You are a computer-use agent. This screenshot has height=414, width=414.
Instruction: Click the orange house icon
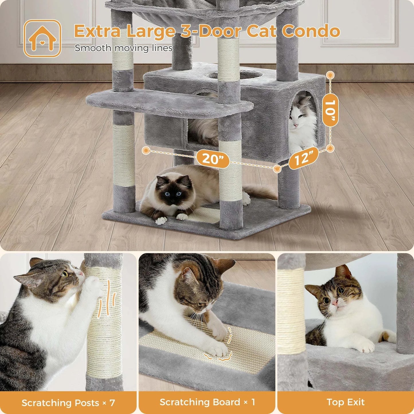42,38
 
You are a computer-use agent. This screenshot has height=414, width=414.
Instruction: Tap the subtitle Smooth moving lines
123,48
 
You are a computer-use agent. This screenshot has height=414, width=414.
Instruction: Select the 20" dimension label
212,158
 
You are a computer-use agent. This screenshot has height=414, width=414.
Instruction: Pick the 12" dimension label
303,158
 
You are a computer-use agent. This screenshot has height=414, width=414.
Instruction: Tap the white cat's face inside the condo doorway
298,115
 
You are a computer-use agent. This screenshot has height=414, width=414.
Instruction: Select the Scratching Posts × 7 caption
68,403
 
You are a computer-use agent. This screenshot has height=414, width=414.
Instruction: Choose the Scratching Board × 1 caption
207,402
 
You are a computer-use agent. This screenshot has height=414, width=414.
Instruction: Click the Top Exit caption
346,402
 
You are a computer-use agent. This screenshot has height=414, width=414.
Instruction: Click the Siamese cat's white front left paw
161,220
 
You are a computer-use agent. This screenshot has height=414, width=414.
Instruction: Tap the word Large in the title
150,31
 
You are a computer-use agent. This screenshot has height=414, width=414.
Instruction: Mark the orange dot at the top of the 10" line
330,75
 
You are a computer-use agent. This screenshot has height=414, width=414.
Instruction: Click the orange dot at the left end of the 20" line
146,150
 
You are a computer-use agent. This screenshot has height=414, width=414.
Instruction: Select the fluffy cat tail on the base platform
259,193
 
